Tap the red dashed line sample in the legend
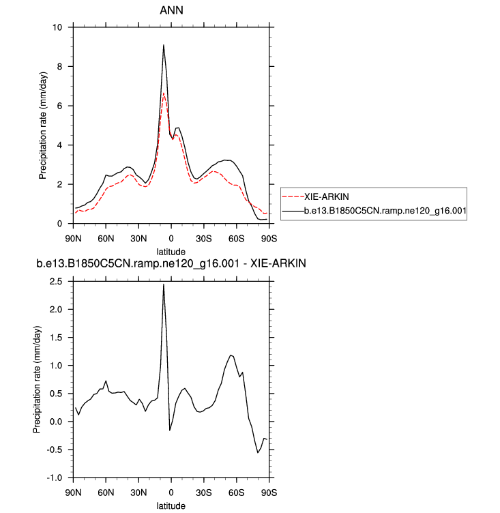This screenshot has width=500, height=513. point(292,196)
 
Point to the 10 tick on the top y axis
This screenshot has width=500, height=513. point(57,27)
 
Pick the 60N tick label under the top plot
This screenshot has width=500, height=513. point(105,238)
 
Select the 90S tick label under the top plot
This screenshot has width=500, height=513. point(269,238)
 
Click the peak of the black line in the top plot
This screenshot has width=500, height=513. point(164,45)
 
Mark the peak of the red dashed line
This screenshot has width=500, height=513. point(164,93)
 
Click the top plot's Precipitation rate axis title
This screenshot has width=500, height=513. point(43,126)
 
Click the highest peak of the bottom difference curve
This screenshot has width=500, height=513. point(164,284)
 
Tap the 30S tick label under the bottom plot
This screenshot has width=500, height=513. point(203,493)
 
